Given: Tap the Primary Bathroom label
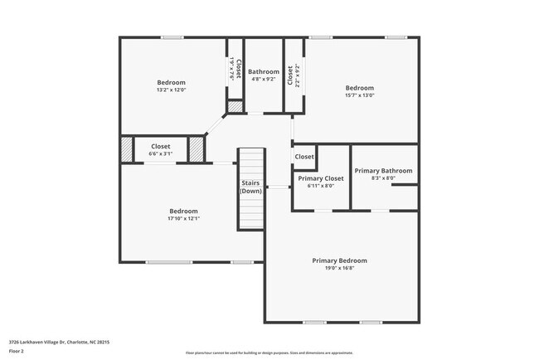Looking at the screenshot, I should pyautogui.click(x=383, y=171).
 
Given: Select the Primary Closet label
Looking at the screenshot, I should pyautogui.click(x=321, y=178).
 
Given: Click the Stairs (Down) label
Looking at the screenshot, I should pyautogui.click(x=251, y=187).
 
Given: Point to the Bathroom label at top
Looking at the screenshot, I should pyautogui.click(x=264, y=71).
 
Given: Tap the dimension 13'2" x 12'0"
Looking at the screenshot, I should pyautogui.click(x=171, y=90).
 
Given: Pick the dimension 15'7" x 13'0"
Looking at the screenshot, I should pyautogui.click(x=359, y=95).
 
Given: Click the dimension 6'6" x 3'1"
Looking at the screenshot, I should pyautogui.click(x=160, y=153).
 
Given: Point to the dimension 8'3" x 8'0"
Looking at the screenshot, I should pyautogui.click(x=383, y=178).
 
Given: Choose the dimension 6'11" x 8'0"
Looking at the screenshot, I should pyautogui.click(x=321, y=186).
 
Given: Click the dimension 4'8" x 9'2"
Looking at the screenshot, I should pyautogui.click(x=264, y=80).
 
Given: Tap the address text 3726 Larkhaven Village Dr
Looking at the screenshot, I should pyautogui.click(x=59, y=341).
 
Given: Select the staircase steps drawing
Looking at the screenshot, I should pyautogui.click(x=251, y=215).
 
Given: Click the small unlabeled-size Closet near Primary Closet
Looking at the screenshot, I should pyautogui.click(x=304, y=157).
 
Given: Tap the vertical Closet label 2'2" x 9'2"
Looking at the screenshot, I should pyautogui.click(x=289, y=76).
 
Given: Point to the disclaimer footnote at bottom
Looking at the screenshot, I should pyautogui.click(x=269, y=353).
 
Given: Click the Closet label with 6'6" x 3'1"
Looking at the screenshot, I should pyautogui.click(x=160, y=146).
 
